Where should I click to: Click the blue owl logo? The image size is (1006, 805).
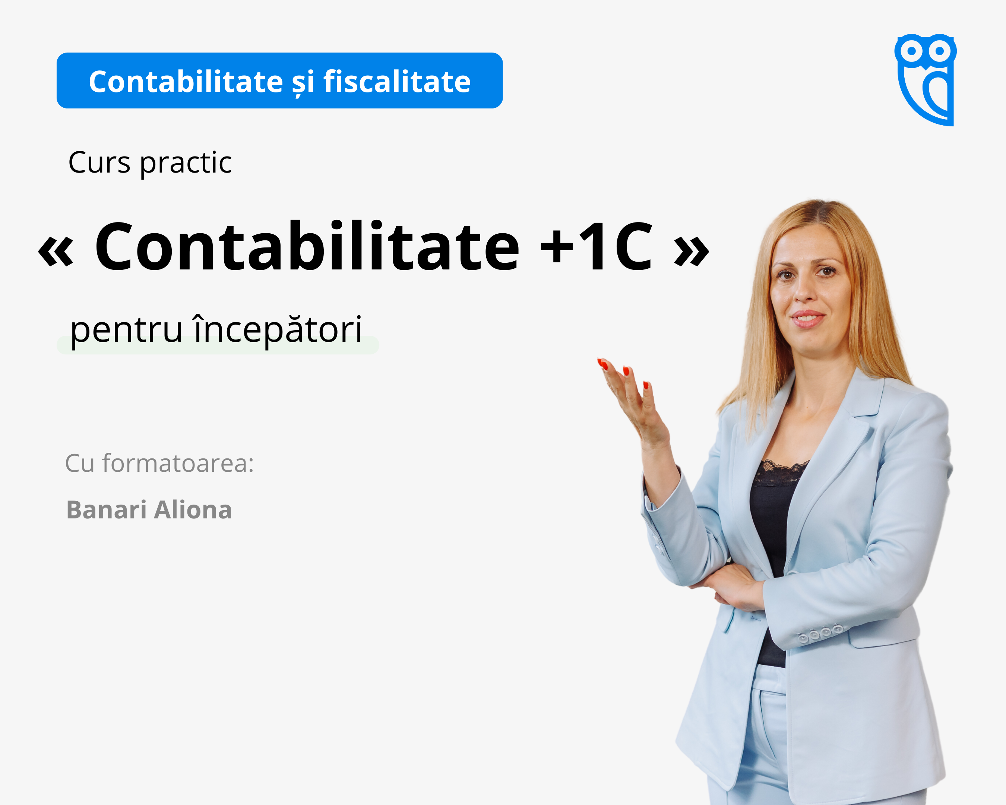925,79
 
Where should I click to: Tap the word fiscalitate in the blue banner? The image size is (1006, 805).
397,82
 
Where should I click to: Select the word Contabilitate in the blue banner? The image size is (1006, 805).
186,82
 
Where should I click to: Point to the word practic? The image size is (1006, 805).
186,164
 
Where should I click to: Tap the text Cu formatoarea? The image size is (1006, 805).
159,463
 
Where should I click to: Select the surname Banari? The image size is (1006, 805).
107,509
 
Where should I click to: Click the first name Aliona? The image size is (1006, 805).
193,509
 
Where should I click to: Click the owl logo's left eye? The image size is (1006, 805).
911,50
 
